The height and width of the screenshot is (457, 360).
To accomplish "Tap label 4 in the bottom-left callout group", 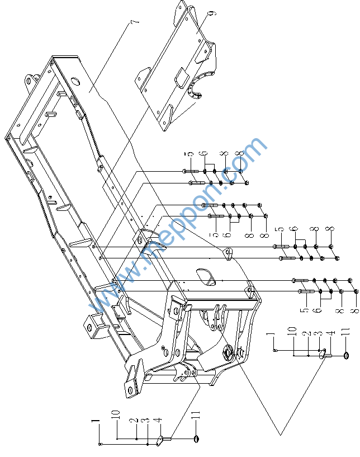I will coord(158,420).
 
